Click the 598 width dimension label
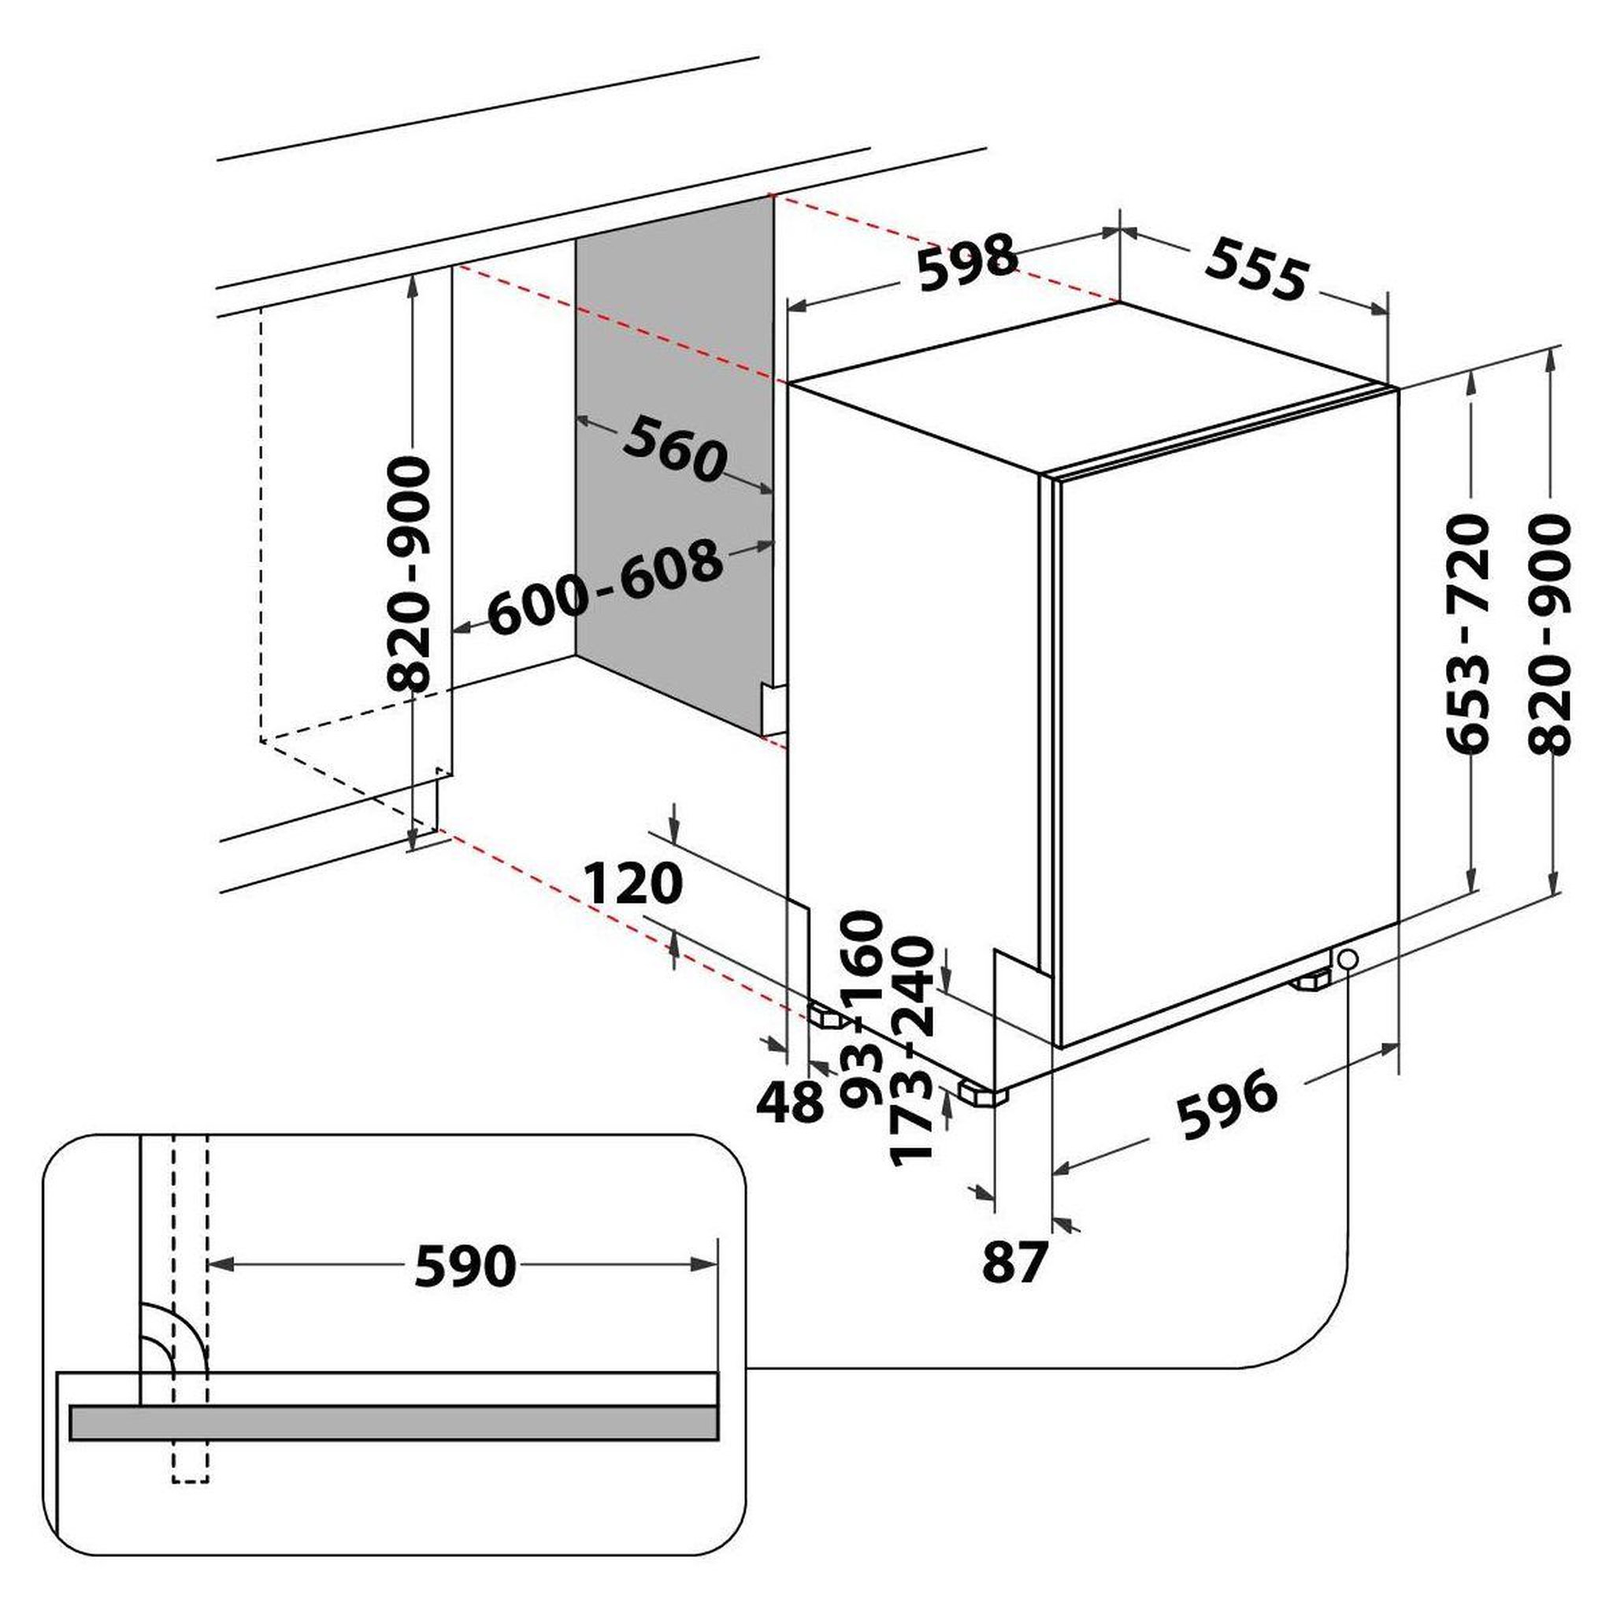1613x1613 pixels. (x=969, y=262)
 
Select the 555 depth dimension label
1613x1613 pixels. (x=1255, y=267)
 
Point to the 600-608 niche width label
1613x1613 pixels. (x=604, y=587)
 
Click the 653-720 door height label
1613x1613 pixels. (x=1467, y=634)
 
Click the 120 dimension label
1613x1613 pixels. (x=633, y=884)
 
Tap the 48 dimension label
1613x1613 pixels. (x=790, y=1102)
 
